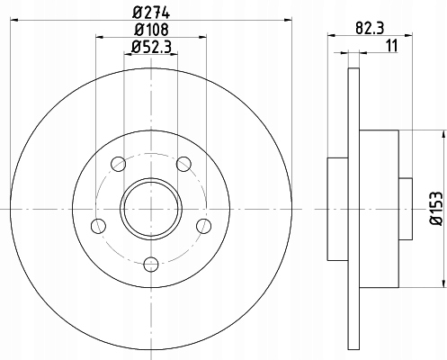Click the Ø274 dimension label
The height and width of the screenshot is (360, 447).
tap(151, 13)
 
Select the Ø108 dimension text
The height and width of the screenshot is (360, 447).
tap(151, 30)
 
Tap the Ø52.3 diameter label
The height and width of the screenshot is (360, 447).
tap(151, 47)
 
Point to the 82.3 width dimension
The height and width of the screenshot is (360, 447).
tap(370, 29)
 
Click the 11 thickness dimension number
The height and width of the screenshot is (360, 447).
tap(392, 46)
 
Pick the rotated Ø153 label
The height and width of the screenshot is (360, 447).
tap(436, 208)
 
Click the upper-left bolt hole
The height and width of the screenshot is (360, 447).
tap(118, 164)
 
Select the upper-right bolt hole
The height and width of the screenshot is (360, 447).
tap(183, 164)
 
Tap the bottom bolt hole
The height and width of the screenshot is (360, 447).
tap(151, 264)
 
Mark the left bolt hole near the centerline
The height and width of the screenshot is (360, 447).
tap(98, 226)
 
